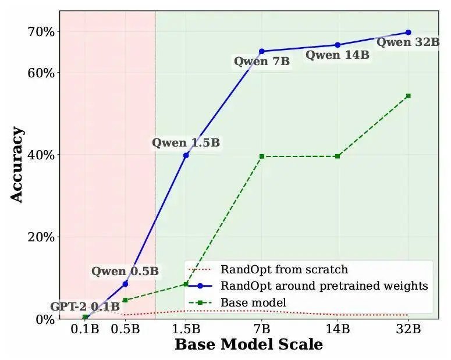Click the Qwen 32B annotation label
pos(407,42)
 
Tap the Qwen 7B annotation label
pos(262,62)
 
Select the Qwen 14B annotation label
pos(338,55)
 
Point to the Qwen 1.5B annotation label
pos(186,142)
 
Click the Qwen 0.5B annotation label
pos(125,271)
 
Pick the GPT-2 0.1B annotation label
pos(85,306)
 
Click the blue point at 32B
pos(408,33)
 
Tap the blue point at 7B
pos(262,52)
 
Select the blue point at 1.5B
pos(186,155)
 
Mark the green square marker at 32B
pos(408,95)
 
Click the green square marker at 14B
pos(338,156)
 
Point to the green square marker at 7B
pos(262,156)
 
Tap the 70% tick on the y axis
pos(42,32)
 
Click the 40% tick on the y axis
pos(42,155)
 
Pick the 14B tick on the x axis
pos(338,329)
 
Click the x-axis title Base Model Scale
pos(248,344)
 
